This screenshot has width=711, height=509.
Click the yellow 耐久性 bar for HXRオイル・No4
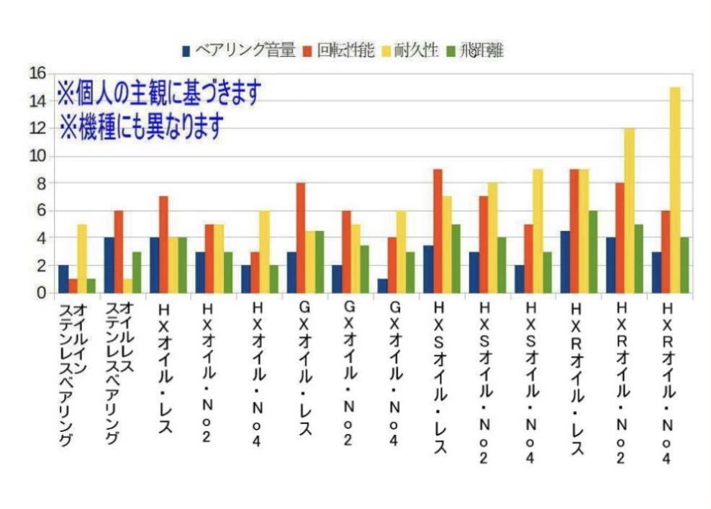tap(674, 190)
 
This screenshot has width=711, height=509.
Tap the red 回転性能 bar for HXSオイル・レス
tap(437, 231)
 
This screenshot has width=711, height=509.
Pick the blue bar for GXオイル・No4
tap(384, 286)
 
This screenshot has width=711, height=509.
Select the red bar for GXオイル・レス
tap(300, 238)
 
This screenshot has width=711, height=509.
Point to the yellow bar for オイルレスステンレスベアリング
tap(127, 286)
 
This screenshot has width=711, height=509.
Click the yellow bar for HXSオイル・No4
tap(538, 231)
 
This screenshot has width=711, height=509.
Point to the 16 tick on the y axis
tap(37, 73)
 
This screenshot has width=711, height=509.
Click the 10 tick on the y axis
tap(37, 156)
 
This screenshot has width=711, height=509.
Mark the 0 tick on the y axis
tap(40, 293)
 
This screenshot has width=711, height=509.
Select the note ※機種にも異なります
tap(140, 126)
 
